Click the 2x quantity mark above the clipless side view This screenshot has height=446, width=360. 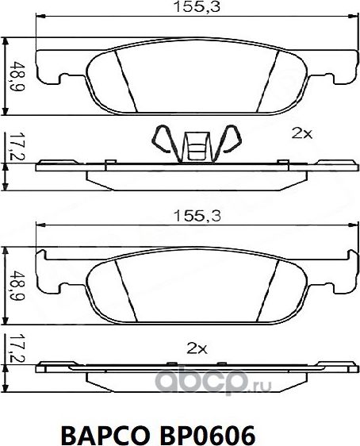[196, 348]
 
